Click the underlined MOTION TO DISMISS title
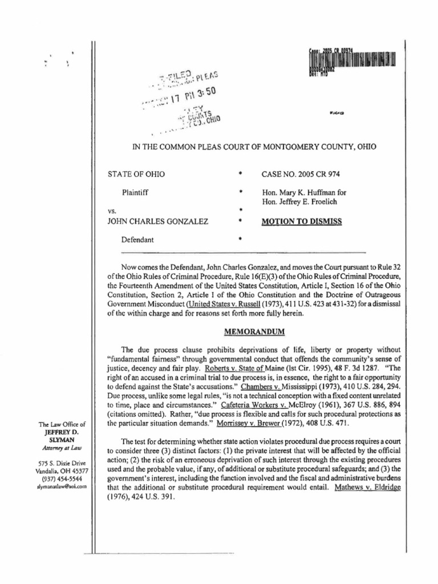pos(301,222)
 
